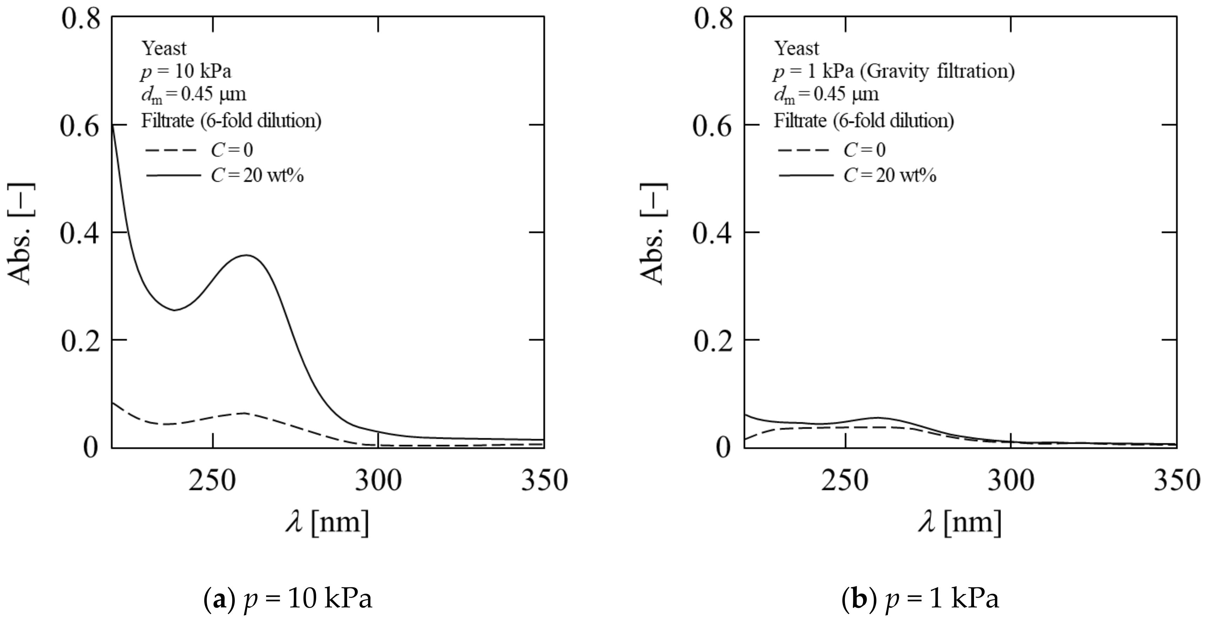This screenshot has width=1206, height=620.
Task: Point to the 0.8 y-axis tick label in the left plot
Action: click(80, 20)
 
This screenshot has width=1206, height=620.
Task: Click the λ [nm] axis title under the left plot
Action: click(327, 522)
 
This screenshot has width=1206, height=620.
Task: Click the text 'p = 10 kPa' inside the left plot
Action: click(186, 72)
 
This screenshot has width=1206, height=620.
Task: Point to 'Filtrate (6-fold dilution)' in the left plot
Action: click(231, 121)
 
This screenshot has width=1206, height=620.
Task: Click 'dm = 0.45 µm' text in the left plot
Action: click(193, 95)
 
